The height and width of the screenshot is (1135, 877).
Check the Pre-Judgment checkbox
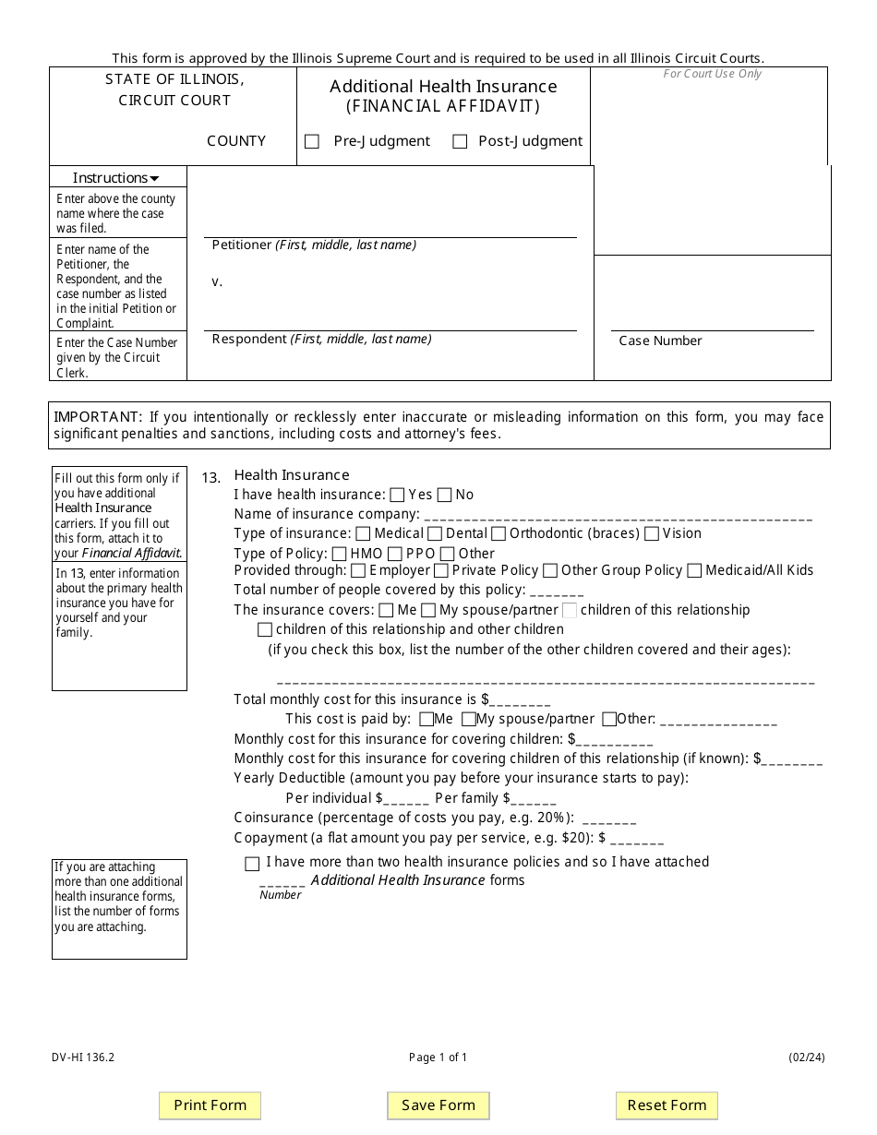[x=312, y=142]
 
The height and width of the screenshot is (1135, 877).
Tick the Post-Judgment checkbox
[x=460, y=142]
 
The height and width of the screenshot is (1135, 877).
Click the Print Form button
[x=210, y=1105]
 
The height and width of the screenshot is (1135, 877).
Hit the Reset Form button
[x=667, y=1105]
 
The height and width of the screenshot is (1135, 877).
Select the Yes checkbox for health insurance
[x=397, y=495]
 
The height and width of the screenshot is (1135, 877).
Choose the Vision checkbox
[x=652, y=533]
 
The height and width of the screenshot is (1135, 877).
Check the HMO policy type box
[x=339, y=554]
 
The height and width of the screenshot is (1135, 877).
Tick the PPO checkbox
[x=395, y=554]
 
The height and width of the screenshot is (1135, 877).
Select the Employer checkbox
[x=358, y=570]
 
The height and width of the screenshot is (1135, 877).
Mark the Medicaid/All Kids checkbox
[x=694, y=570]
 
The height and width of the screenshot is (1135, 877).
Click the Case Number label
[x=660, y=341]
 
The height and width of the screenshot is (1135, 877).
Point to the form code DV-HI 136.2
[x=84, y=1057]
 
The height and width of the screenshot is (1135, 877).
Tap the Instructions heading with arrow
[x=116, y=178]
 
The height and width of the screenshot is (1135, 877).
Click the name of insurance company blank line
[x=618, y=515]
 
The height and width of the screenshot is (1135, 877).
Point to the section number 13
[x=211, y=478]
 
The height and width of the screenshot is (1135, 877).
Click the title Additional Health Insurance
[x=443, y=87]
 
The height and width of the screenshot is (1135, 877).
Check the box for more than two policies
[x=252, y=864]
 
